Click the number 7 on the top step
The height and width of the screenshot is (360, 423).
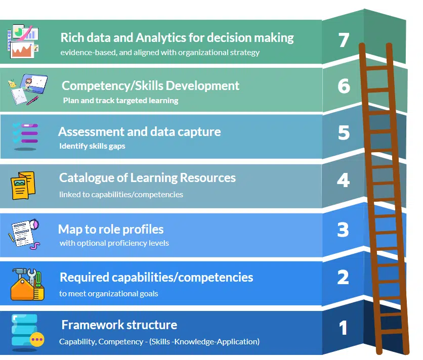point(344,40)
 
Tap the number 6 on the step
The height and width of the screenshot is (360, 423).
point(344,86)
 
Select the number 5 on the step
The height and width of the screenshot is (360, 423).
point(344,132)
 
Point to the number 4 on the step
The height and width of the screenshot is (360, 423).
point(344,180)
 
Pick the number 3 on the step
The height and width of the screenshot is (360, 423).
point(344,230)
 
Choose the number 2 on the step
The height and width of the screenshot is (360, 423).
point(343,277)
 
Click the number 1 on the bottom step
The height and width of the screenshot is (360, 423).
point(344,328)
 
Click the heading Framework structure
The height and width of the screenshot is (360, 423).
point(119,325)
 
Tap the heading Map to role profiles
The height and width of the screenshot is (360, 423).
point(111,229)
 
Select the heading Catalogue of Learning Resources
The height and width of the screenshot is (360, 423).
point(147,178)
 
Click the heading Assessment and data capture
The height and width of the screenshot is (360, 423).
point(139,132)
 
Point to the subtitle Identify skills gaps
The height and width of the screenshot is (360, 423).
point(92,146)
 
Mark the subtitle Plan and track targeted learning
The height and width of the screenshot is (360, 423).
point(120,100)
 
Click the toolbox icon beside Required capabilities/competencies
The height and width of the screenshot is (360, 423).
point(27,284)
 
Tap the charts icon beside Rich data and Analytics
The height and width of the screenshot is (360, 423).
point(23,40)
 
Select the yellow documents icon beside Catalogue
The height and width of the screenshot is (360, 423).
point(23,186)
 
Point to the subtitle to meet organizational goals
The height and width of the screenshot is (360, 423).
point(108,293)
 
